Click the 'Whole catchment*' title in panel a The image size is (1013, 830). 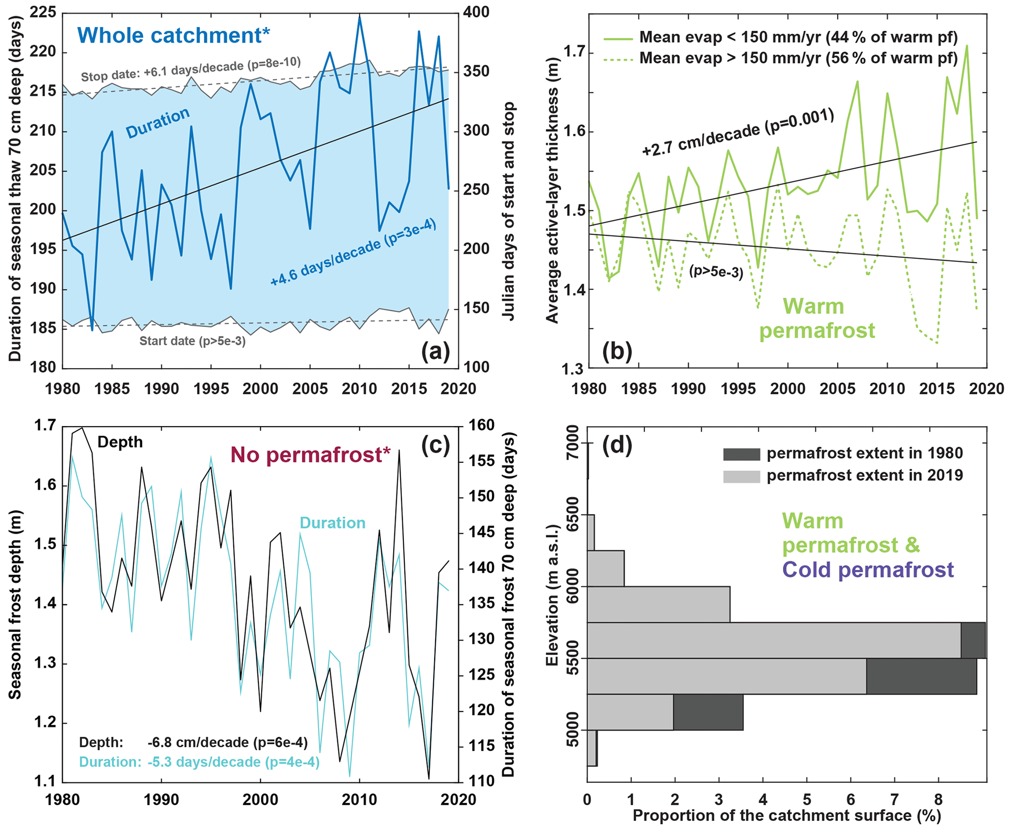[173, 36]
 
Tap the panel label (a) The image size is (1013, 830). [435, 351]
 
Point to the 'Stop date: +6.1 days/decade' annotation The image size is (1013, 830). [191, 70]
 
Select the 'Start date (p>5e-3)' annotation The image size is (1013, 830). [193, 341]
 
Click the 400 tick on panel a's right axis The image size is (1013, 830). [476, 12]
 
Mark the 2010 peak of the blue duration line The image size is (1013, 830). [360, 17]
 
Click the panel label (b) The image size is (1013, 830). [617, 351]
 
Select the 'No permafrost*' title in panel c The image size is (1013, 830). [311, 455]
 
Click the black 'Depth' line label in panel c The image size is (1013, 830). [120, 442]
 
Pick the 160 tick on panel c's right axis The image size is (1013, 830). [482, 425]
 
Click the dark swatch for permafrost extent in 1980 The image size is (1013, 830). [741, 454]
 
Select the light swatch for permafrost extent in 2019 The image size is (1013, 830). [741, 476]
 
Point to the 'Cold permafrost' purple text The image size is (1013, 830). [868, 570]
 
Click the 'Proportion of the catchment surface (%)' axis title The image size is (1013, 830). [787, 816]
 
